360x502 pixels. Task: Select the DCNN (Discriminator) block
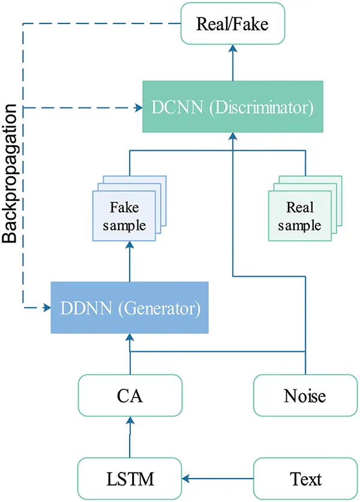point(232,109)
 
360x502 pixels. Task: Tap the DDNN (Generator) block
point(130,308)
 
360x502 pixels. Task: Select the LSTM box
point(130,479)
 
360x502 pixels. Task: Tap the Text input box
point(305,479)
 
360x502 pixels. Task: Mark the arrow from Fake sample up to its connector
point(130,255)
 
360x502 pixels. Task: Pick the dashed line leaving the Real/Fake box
point(102,24)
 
